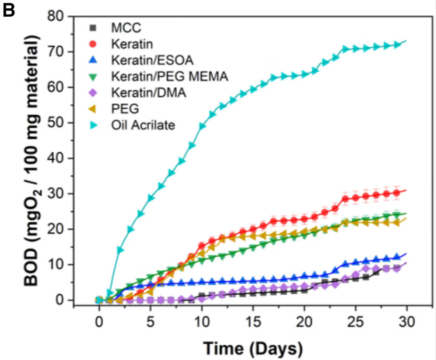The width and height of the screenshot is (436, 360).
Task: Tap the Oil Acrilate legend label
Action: click(143, 125)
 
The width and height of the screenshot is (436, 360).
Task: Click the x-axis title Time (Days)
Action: click(252, 347)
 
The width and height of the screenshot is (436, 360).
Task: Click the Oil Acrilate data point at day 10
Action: click(202, 126)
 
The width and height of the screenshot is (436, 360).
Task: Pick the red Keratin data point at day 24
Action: click(345, 199)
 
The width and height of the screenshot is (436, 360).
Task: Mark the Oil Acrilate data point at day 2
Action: click(120, 250)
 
